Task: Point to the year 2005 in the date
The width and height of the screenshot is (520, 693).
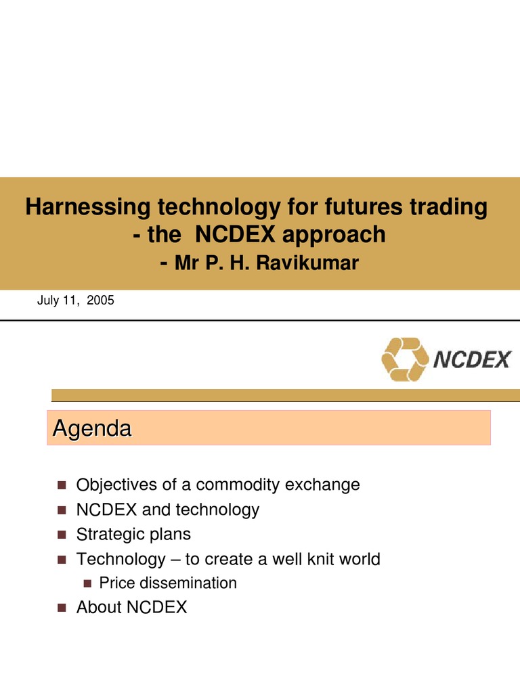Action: click(x=100, y=300)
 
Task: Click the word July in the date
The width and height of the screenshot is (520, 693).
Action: click(x=48, y=300)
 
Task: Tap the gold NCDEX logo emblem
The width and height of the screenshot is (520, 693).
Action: click(x=404, y=359)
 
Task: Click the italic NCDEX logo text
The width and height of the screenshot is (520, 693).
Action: click(x=471, y=359)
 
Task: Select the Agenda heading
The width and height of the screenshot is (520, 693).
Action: click(x=91, y=428)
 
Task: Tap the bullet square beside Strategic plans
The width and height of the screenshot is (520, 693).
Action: click(x=62, y=535)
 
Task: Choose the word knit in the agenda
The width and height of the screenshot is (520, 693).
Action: click(x=312, y=559)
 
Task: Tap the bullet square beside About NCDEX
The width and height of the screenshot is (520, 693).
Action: click(x=62, y=608)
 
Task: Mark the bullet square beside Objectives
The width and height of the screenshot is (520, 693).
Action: click(x=62, y=485)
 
